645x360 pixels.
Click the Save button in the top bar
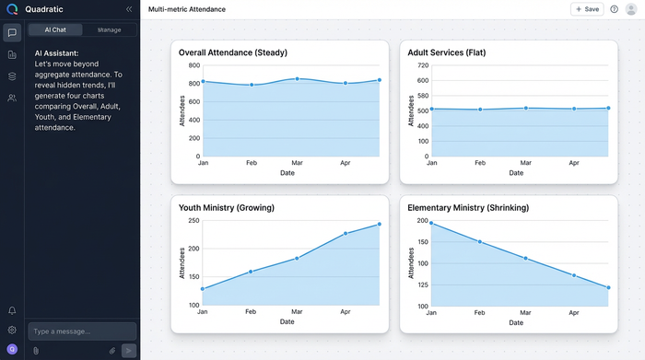(x=587, y=9)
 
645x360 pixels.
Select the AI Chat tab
(x=55, y=29)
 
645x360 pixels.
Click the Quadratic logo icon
(x=12, y=9)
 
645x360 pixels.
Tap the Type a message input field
(x=81, y=331)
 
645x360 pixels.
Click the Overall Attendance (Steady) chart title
(x=232, y=52)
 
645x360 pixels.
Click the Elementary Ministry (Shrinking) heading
(x=468, y=208)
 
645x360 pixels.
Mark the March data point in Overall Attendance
(x=297, y=79)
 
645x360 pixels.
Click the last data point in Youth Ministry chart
(x=380, y=224)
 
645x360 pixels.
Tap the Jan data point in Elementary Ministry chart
(x=431, y=223)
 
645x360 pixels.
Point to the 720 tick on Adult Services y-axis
(x=423, y=66)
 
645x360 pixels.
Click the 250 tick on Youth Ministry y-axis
(x=193, y=221)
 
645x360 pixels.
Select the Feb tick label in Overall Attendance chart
(x=250, y=163)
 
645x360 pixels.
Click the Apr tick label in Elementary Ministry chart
(x=573, y=312)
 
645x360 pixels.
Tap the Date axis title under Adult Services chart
(x=516, y=173)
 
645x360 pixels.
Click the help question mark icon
(x=615, y=9)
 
